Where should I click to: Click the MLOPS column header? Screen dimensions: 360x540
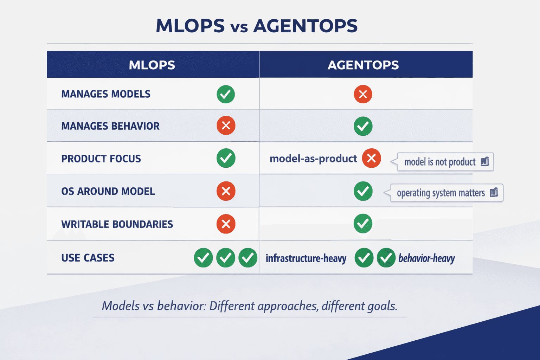pyautogui.click(x=152, y=65)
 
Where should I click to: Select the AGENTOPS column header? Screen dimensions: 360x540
pyautogui.click(x=363, y=65)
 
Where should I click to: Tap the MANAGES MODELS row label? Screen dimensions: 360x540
pyautogui.click(x=106, y=94)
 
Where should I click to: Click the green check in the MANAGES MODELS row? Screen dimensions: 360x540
pyautogui.click(x=226, y=94)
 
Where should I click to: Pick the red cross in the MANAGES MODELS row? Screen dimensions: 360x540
pyautogui.click(x=363, y=94)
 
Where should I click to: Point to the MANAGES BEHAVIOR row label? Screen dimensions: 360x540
pyautogui.click(x=110, y=126)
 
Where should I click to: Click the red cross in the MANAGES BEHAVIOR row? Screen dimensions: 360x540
pyautogui.click(x=226, y=126)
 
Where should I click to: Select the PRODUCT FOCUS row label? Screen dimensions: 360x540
pyautogui.click(x=101, y=159)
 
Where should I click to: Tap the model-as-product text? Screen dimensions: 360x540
pyautogui.click(x=313, y=159)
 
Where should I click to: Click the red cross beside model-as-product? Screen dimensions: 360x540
pyautogui.click(x=371, y=158)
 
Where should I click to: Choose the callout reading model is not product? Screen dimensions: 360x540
pyautogui.click(x=445, y=162)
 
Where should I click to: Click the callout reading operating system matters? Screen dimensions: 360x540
pyautogui.click(x=446, y=193)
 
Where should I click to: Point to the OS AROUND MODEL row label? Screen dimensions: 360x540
pyautogui.click(x=108, y=192)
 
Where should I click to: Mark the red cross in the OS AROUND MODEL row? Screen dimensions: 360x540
pyautogui.click(x=226, y=191)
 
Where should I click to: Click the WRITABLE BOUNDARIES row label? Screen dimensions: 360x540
pyautogui.click(x=117, y=224)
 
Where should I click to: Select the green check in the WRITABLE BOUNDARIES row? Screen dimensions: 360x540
pyautogui.click(x=363, y=224)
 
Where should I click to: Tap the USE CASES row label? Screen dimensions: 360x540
pyautogui.click(x=88, y=258)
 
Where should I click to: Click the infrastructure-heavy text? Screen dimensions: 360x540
pyautogui.click(x=306, y=259)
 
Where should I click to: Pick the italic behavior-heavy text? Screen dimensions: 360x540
pyautogui.click(x=426, y=259)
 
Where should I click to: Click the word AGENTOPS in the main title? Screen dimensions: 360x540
pyautogui.click(x=305, y=26)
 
